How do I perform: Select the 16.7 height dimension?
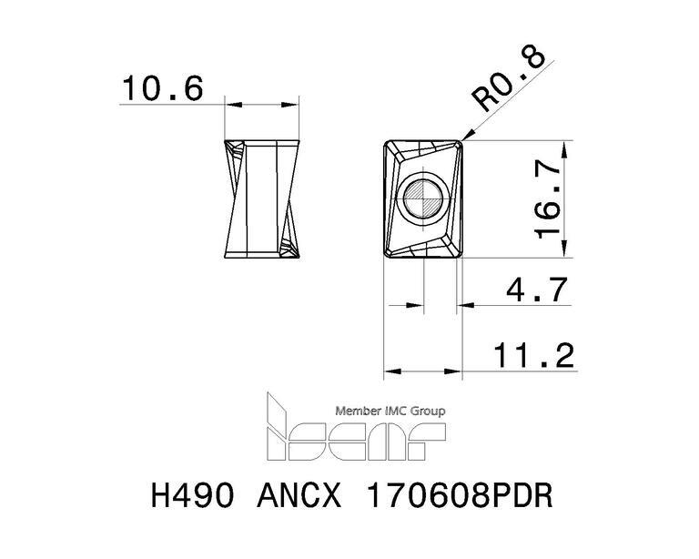548,199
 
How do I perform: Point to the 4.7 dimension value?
537,290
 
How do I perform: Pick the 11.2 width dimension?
533,355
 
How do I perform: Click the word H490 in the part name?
193,495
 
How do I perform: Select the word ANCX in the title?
299,495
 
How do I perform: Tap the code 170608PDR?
459,495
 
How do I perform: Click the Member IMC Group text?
390,411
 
